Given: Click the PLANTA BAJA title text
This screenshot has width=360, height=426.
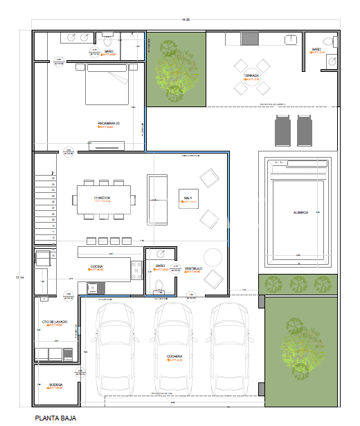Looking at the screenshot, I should tap(55, 418).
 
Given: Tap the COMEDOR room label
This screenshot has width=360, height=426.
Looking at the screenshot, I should tap(102, 198).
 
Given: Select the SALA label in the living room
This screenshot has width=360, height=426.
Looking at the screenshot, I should tap(188, 198).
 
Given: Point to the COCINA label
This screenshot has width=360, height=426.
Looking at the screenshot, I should tap(97, 266).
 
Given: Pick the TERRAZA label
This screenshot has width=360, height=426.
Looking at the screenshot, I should tap(252, 75).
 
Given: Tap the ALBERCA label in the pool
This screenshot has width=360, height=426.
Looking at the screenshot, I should tap(300, 212).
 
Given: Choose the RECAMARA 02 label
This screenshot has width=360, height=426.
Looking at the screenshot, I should tap(109, 123).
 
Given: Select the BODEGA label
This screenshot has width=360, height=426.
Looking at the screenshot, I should tap(55, 384).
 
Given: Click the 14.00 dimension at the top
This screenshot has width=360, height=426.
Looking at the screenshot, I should tap(184, 19).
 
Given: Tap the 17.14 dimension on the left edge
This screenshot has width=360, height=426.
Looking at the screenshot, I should tap(19, 277).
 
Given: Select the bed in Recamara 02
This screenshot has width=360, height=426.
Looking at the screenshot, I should tap(107, 84).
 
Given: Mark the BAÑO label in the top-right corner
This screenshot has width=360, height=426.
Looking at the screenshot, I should tap(316, 50).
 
